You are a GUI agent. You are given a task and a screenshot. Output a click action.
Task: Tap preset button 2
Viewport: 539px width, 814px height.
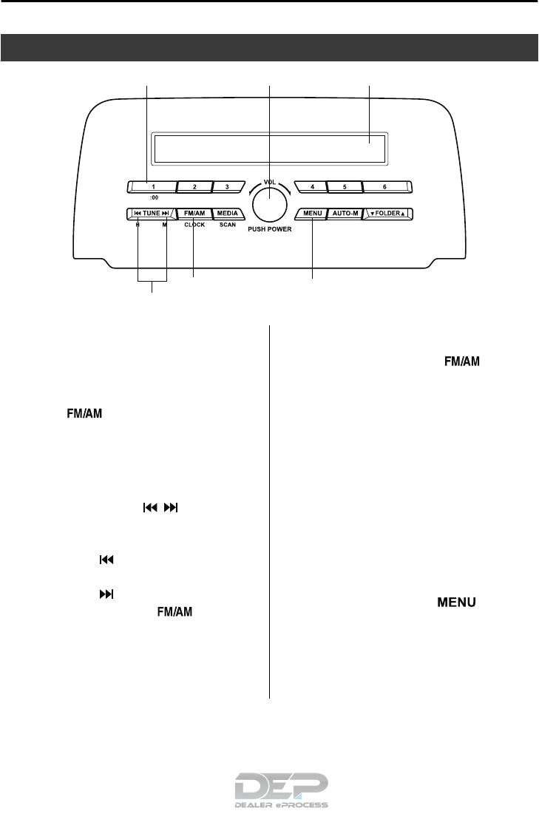click(194, 186)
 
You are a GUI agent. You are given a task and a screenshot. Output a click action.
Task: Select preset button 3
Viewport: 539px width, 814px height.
click(227, 186)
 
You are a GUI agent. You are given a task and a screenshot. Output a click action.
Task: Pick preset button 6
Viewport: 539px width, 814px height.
click(385, 186)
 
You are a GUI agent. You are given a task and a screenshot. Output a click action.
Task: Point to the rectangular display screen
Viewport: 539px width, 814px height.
click(269, 149)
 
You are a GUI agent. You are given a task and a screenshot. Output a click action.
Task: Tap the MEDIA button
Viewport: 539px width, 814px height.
click(228, 214)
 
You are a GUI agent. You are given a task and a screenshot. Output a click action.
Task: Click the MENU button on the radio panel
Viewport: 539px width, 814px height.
click(312, 214)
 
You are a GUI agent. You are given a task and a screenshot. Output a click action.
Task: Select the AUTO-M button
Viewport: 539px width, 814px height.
click(345, 214)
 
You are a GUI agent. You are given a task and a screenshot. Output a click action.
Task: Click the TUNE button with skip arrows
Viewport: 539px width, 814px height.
click(152, 214)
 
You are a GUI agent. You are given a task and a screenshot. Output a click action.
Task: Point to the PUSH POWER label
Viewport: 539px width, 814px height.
click(269, 229)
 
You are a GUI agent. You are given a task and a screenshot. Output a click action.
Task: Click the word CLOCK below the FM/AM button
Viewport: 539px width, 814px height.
click(195, 225)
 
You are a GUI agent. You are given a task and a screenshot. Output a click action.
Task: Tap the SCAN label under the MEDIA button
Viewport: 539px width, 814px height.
click(228, 225)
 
